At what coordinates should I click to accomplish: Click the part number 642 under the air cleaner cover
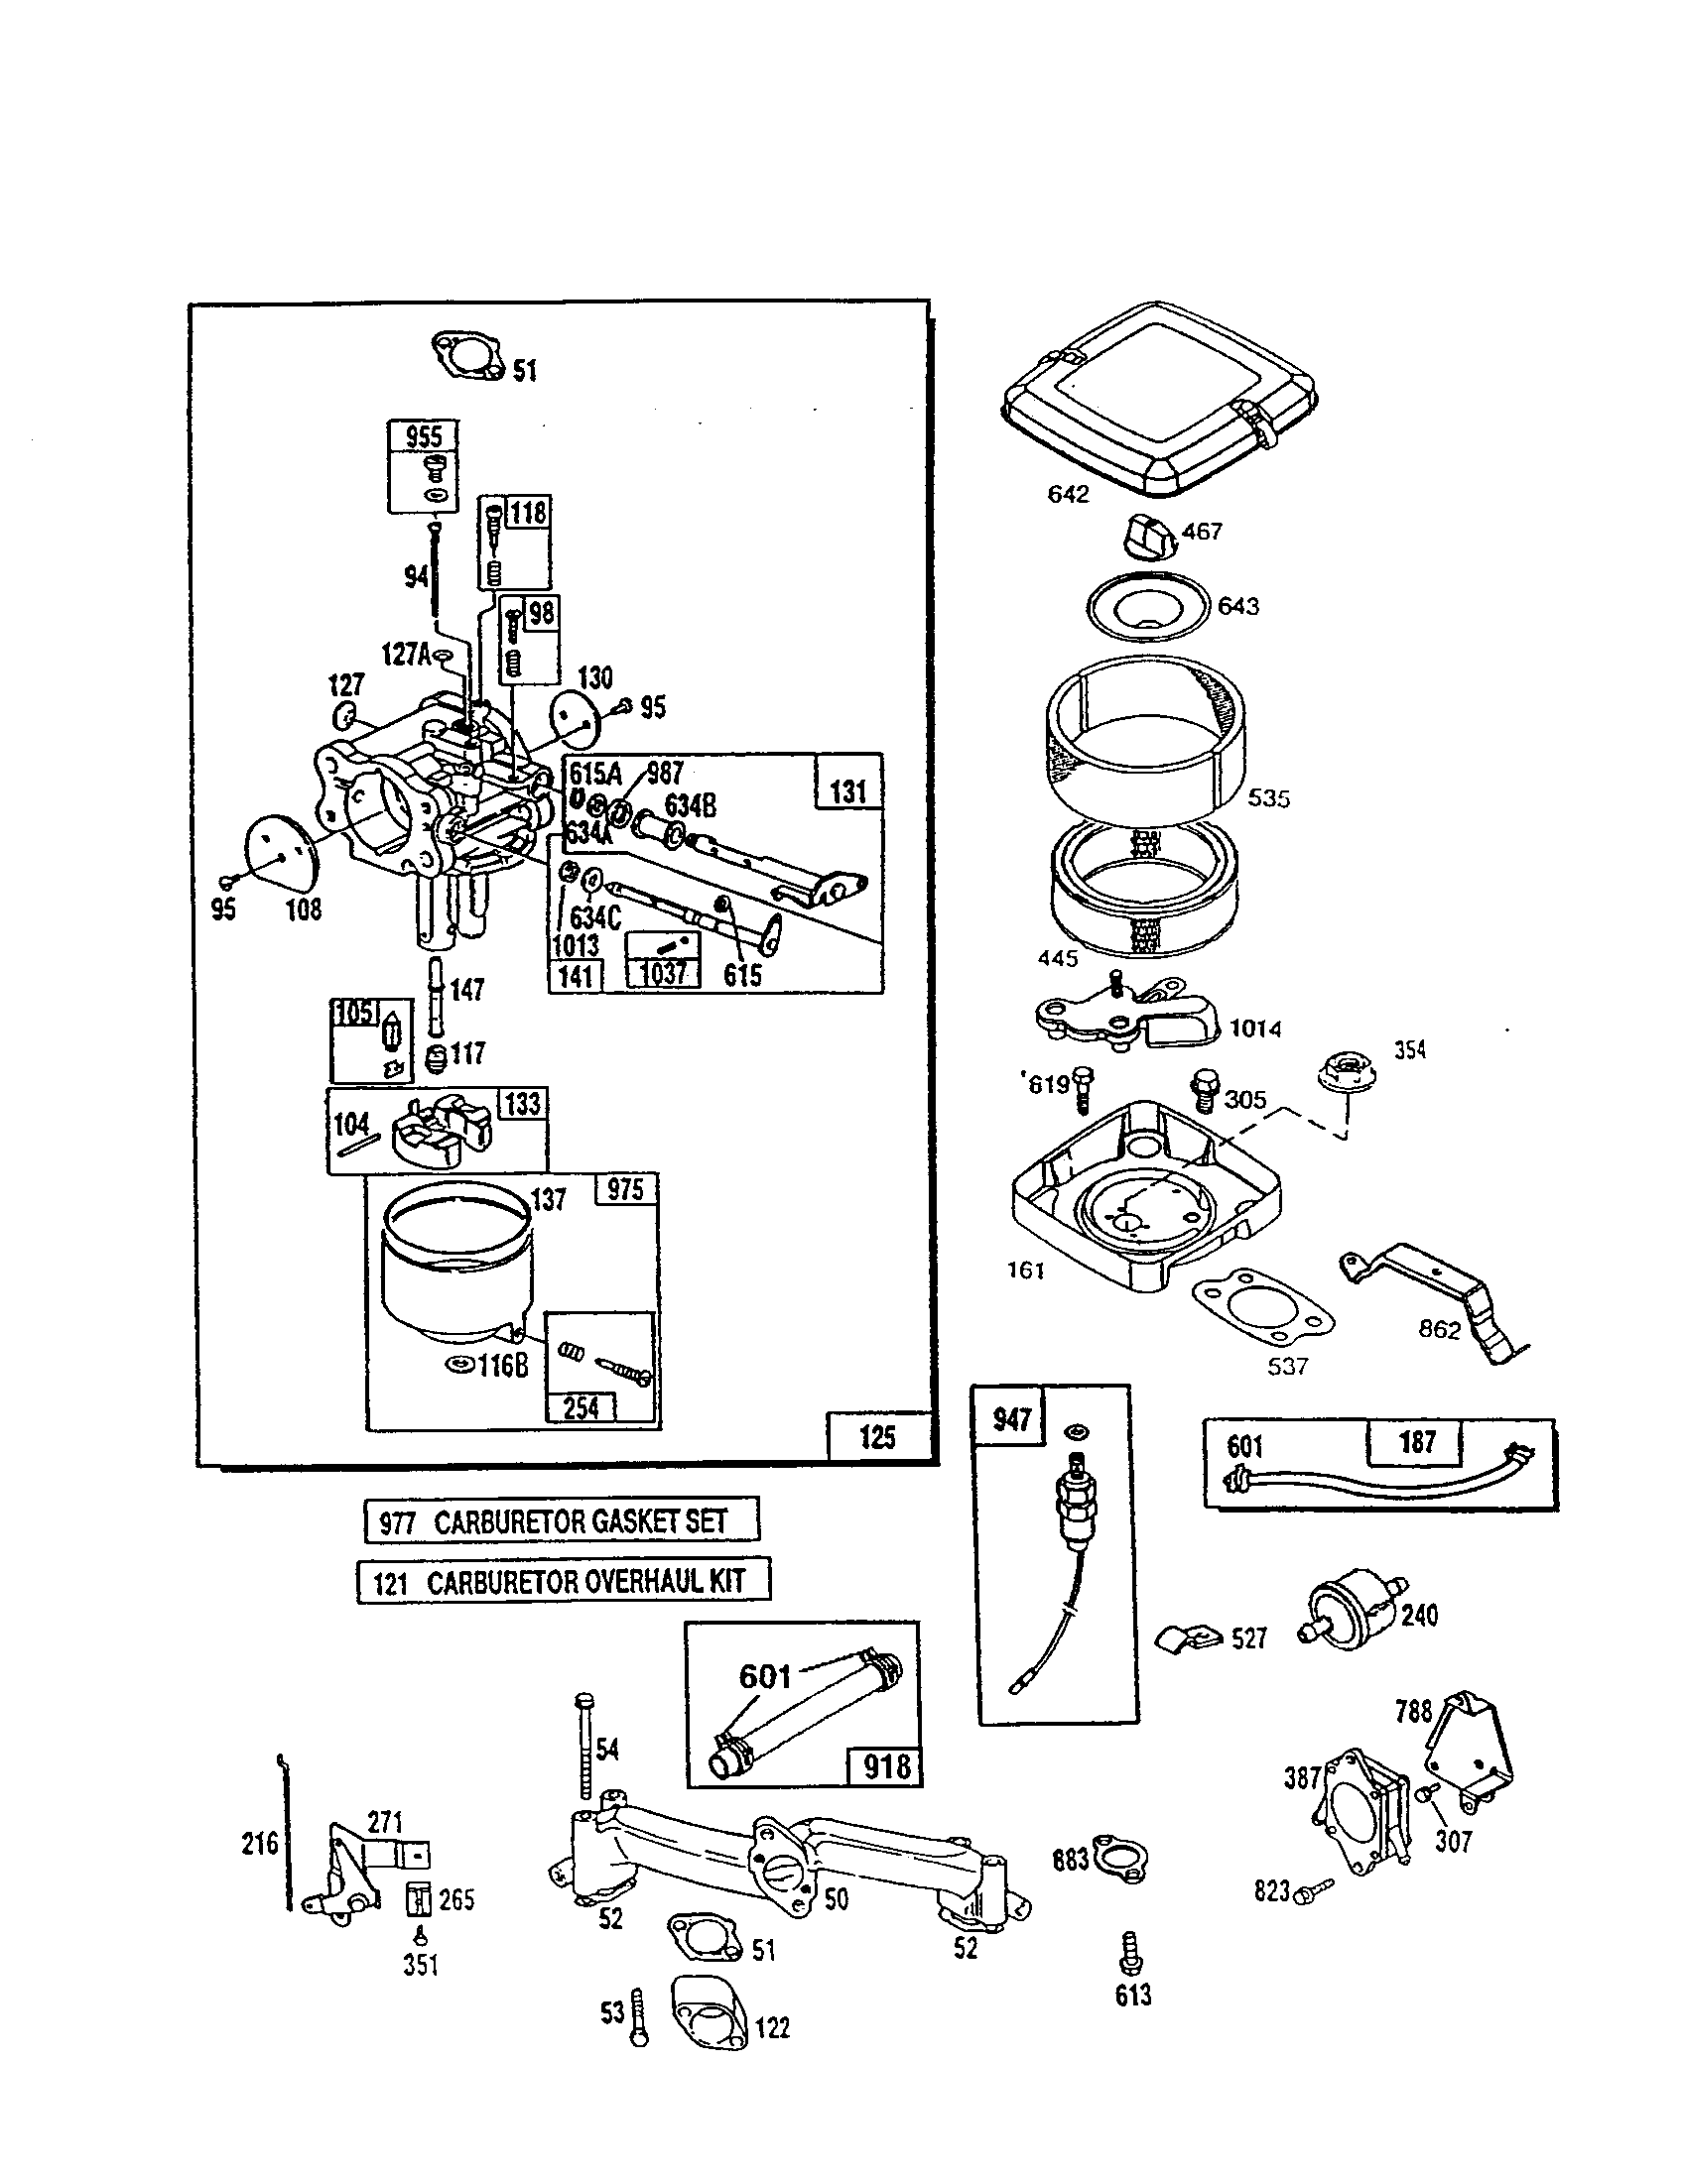click(1068, 494)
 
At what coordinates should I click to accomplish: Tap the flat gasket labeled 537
click(1262, 1310)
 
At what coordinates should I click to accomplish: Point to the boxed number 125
click(877, 1437)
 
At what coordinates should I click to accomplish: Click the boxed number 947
click(1010, 1418)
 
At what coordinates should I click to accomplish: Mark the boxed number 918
click(885, 1766)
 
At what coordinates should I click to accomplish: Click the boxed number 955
click(423, 436)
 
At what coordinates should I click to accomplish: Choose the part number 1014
click(1254, 1029)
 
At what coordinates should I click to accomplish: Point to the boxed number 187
click(1416, 1442)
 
